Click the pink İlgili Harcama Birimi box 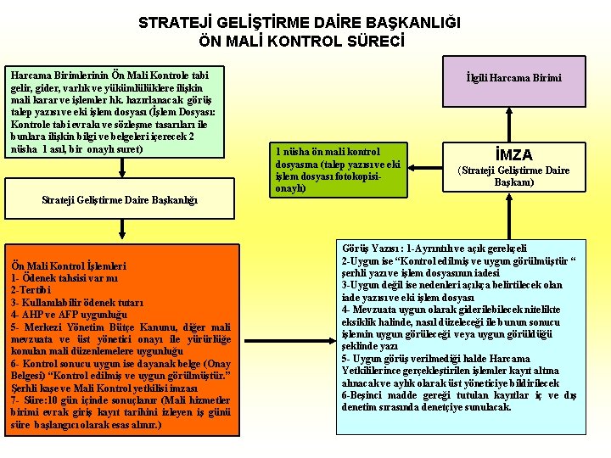tap(513, 79)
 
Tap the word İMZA tap(513, 155)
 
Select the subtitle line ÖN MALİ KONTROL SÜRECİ tap(301, 41)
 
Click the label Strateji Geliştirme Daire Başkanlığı tap(120, 200)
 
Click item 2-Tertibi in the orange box tap(31, 290)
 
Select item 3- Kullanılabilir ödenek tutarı tap(77, 302)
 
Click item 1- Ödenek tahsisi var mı tap(64, 278)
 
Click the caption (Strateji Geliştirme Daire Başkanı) tap(513, 176)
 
